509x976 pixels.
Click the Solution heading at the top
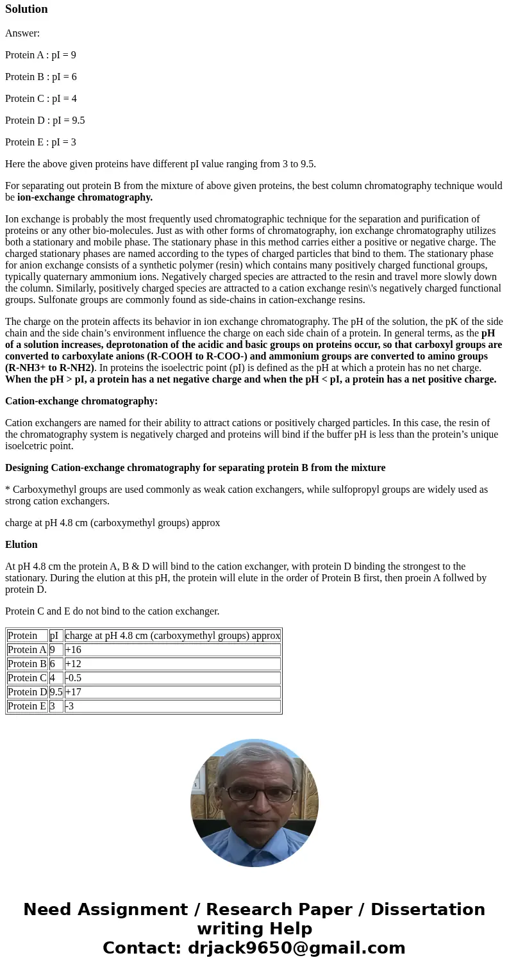click(x=26, y=9)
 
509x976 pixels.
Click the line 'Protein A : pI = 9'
click(x=40, y=55)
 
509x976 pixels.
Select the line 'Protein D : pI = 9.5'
click(x=45, y=120)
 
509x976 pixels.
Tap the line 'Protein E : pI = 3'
click(x=40, y=142)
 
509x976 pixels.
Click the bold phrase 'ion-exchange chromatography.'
click(x=85, y=197)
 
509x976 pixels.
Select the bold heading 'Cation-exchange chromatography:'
click(x=81, y=401)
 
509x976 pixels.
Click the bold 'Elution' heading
click(x=21, y=545)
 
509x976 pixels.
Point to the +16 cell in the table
click(x=73, y=650)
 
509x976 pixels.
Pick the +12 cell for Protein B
click(x=73, y=664)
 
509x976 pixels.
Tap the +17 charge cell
click(x=73, y=692)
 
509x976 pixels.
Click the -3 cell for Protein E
click(x=71, y=706)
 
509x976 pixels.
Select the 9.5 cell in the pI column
click(x=56, y=692)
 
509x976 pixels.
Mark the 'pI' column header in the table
click(x=54, y=636)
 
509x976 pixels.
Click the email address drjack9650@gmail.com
click(x=296, y=948)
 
